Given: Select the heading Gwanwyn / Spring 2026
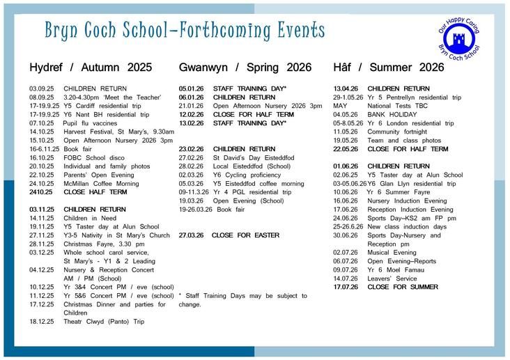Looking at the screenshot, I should coord(245,68).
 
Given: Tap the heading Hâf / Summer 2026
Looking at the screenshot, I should coord(389,68).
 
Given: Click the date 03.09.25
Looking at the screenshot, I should coord(42,89).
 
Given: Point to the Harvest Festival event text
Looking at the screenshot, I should coord(118,132).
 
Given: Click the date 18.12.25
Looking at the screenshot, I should coord(42,322).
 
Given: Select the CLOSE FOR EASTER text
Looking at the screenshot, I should coord(240,235).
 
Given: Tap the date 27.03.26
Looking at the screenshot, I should coord(192,235).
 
